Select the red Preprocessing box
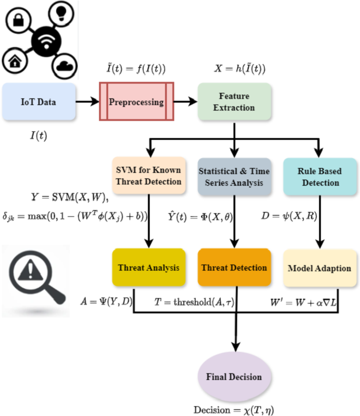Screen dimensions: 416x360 pos(136,101)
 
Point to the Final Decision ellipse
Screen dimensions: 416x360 pos(233,377)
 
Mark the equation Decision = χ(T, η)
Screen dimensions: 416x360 pos(233,408)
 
